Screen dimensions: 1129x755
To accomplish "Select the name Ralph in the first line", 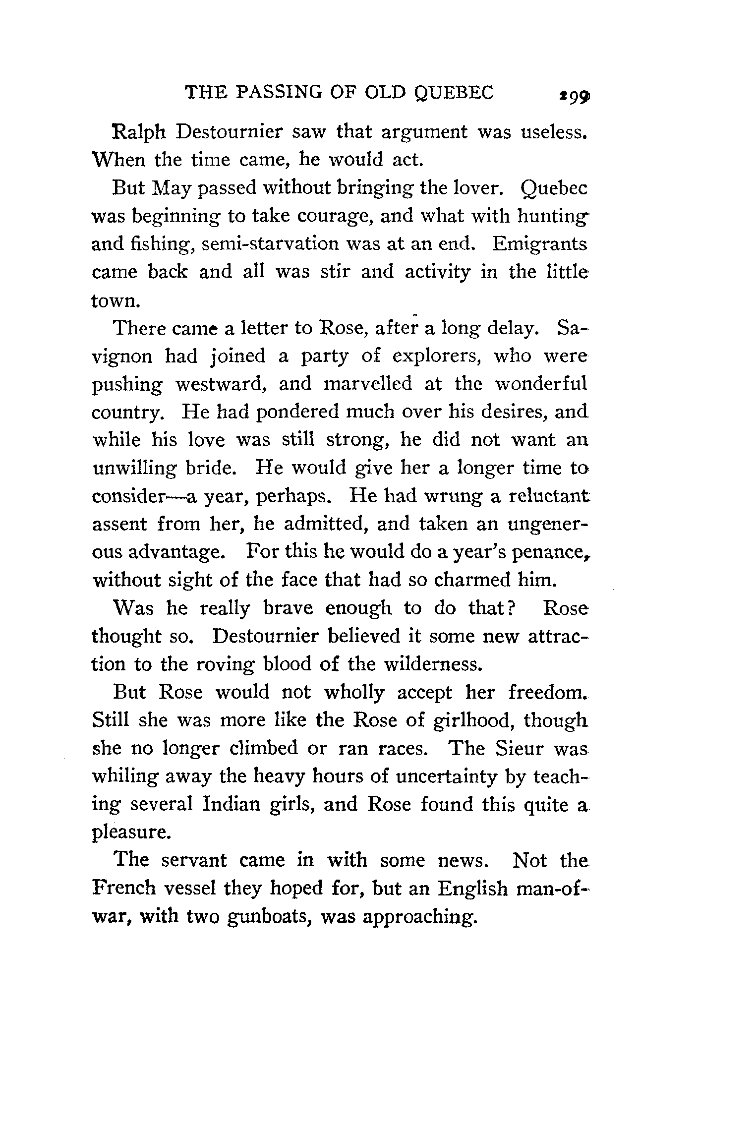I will click(141, 132).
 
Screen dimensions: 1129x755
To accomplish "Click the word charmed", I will click(471, 580).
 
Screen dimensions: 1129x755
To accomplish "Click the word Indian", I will click(232, 804).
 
